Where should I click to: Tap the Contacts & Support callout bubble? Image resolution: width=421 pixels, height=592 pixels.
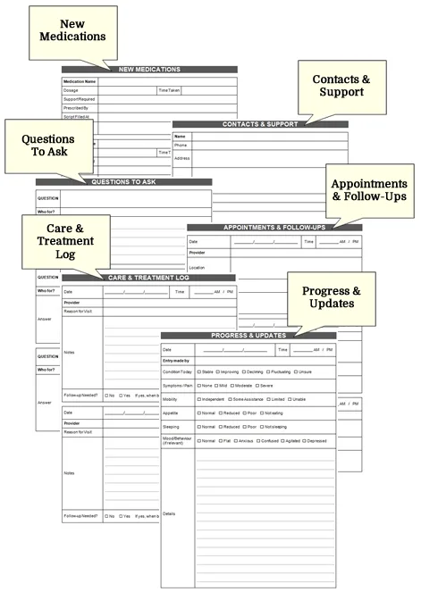pyautogui.click(x=338, y=86)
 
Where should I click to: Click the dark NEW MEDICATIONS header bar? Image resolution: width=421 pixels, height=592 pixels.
pyautogui.click(x=149, y=69)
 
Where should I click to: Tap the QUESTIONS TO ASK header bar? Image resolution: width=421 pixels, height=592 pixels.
pyautogui.click(x=123, y=181)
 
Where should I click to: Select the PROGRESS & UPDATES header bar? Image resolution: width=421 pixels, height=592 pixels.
pyautogui.click(x=248, y=335)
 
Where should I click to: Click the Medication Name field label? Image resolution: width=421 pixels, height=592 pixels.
pyautogui.click(x=80, y=81)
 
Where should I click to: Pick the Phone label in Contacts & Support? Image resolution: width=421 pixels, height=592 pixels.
pyautogui.click(x=181, y=145)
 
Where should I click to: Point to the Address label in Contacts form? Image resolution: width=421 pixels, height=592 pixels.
pyautogui.click(x=182, y=158)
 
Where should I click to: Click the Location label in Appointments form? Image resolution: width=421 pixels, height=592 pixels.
pyautogui.click(x=197, y=267)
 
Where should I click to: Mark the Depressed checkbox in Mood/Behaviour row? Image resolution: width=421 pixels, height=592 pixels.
pyautogui.click(x=306, y=440)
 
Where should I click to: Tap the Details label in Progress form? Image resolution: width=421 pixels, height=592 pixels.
pyautogui.click(x=170, y=514)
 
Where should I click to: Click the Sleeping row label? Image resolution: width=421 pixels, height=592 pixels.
pyautogui.click(x=171, y=427)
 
